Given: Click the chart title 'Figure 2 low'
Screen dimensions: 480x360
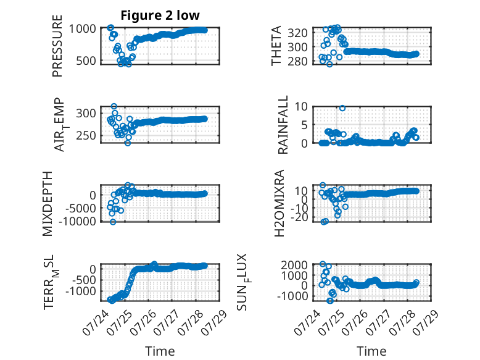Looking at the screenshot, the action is (160, 15).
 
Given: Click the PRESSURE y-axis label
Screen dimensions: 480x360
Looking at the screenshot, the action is (57, 46).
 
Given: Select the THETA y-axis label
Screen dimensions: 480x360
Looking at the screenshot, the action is (276, 46).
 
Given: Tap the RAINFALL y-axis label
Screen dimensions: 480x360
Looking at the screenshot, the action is (283, 124).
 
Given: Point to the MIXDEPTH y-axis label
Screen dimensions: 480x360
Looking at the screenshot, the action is (48, 204).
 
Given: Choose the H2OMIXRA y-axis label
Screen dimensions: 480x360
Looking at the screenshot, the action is (280, 203).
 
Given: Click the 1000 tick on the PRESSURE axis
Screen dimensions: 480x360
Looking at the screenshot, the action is (82, 29).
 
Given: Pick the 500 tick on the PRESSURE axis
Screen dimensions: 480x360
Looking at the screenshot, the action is (86, 61).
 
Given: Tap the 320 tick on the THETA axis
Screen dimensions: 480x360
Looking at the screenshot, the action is (297, 33).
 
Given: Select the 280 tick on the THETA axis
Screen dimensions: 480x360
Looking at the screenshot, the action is (297, 61).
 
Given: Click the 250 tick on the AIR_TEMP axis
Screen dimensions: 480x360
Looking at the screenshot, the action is (86, 135).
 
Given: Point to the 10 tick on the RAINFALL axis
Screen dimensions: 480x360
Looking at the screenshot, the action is (301, 106).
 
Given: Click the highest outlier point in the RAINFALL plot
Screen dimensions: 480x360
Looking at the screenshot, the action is (342, 108).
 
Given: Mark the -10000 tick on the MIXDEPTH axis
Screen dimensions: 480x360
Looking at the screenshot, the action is (77, 221).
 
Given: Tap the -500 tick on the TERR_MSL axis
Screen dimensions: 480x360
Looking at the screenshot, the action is (84, 280).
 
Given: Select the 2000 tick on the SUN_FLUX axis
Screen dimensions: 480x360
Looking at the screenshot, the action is (294, 265).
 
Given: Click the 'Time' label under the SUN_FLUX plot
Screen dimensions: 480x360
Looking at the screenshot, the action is (371, 351).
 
